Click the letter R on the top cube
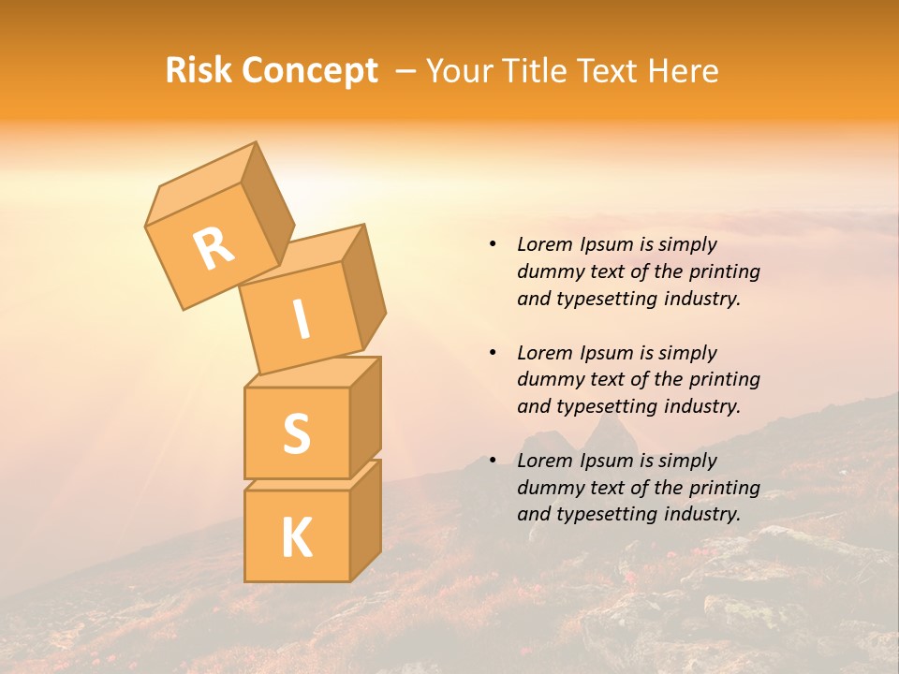(x=214, y=250)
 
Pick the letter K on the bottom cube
(x=296, y=538)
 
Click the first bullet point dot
(x=493, y=245)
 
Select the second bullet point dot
(x=493, y=353)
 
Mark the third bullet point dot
(x=493, y=461)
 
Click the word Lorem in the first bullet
(x=542, y=245)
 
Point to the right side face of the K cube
(x=365, y=520)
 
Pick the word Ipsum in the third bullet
(x=606, y=461)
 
